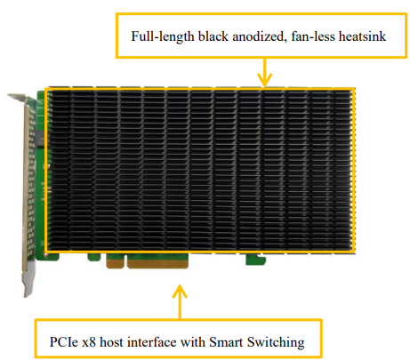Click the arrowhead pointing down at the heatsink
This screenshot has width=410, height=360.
point(263,80)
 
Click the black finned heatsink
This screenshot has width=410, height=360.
point(200,169)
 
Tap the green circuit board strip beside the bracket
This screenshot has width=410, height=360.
point(38,169)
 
